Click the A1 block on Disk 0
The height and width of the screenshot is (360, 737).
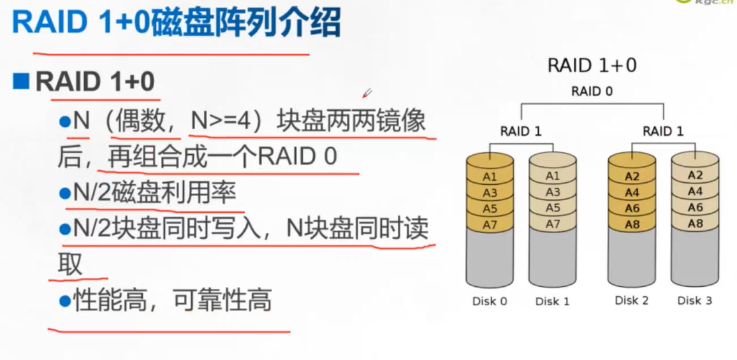pos(490,176)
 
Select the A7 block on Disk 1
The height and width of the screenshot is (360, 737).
pos(553,224)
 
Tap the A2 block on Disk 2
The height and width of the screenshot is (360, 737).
pos(632,176)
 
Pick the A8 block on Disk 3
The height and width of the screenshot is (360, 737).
pos(695,224)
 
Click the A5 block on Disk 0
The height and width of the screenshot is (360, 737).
pos(490,208)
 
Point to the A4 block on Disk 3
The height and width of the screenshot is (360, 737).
pos(695,191)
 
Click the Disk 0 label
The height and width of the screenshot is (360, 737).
pos(490,301)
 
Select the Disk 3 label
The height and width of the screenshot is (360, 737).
pos(694,301)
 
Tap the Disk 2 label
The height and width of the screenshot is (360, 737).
pos(631,301)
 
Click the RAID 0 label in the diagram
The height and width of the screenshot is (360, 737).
pos(592,91)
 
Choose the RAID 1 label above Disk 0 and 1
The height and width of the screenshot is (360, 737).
pos(521,132)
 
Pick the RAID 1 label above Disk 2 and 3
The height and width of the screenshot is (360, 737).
pos(663,132)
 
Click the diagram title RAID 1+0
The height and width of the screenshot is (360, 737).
pos(592,66)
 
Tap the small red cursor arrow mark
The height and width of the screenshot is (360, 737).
pos(367,94)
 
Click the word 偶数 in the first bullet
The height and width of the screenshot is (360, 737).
pos(135,121)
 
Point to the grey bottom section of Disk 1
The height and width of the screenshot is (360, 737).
pos(553,258)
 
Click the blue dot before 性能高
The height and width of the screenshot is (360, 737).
pos(64,299)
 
